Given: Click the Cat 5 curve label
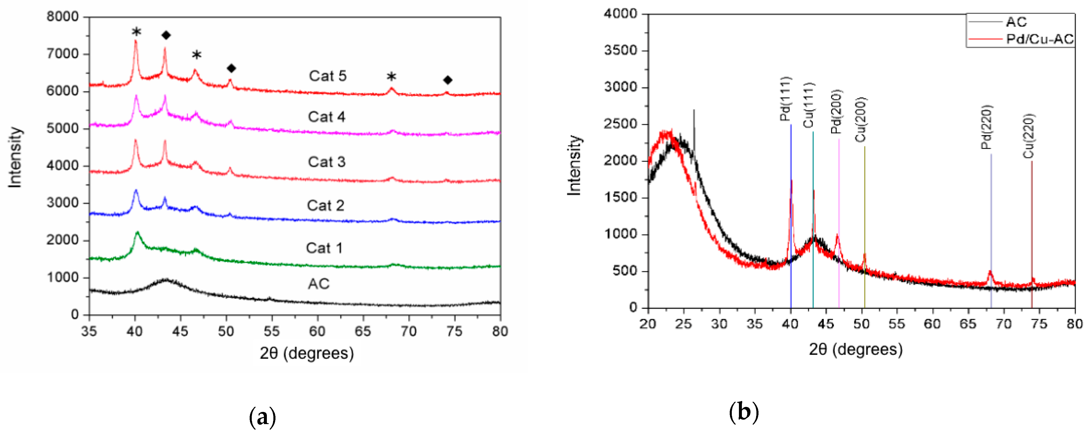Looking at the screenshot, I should click(328, 76).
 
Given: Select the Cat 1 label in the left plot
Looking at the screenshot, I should click(324, 248).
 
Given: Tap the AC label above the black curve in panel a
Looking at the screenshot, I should click(319, 284).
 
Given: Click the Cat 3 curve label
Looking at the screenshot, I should click(327, 162).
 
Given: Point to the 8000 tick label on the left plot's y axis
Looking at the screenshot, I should click(63, 17).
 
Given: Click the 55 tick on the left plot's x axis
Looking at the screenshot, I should click(272, 331).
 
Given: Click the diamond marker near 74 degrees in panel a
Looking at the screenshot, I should click(448, 80).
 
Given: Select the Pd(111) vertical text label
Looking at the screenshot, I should click(785, 99).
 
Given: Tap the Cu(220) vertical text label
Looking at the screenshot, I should click(1029, 136).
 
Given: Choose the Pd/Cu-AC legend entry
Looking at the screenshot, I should click(1040, 39).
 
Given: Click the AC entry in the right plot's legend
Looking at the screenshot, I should click(1016, 22).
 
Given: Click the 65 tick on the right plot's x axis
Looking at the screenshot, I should click(968, 324).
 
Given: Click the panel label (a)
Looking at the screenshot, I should click(262, 418).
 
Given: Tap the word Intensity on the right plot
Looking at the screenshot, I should click(574, 165).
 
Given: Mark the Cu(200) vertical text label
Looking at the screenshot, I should click(861, 120).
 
